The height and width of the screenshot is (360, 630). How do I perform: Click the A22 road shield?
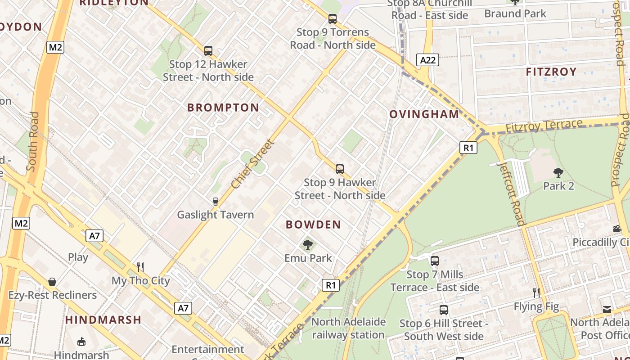[427, 60]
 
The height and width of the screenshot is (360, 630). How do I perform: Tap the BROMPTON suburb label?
[223, 108]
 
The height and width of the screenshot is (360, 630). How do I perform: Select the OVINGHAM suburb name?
[424, 114]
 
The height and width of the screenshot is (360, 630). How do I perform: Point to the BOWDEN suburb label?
[314, 225]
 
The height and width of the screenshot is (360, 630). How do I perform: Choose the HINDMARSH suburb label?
[103, 320]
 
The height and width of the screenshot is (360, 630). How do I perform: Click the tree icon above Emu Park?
[308, 245]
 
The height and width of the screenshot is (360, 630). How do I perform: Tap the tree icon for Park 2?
[558, 172]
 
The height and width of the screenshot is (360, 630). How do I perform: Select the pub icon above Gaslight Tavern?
[216, 201]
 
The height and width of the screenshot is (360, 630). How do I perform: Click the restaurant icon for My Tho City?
[140, 267]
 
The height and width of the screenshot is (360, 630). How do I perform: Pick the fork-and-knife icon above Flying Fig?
[536, 293]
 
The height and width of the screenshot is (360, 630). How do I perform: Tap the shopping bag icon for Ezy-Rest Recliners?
[52, 282]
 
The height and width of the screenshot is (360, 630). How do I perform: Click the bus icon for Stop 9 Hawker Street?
[340, 169]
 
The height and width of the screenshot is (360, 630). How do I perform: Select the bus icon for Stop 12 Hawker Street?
[208, 51]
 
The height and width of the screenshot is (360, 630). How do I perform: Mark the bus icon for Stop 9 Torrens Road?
[333, 19]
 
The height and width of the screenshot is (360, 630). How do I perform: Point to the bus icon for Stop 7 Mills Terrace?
[435, 261]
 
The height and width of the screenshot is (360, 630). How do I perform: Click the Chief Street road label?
[253, 164]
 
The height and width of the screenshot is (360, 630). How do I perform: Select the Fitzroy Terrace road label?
[544, 126]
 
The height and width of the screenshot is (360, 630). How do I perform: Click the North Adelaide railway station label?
[349, 328]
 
